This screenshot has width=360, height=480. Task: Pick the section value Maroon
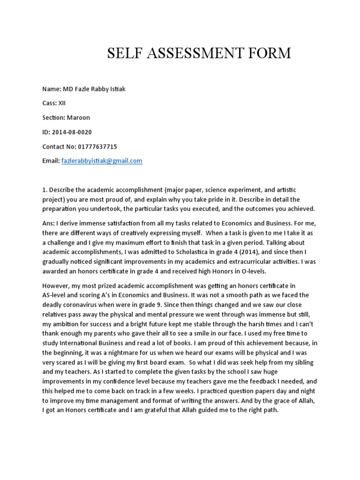click(79, 118)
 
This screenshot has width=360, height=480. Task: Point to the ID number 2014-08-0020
click(75, 132)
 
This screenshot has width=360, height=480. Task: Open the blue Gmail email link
click(101, 161)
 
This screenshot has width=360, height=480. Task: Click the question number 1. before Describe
click(45, 189)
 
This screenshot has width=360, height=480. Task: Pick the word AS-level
click(58, 295)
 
